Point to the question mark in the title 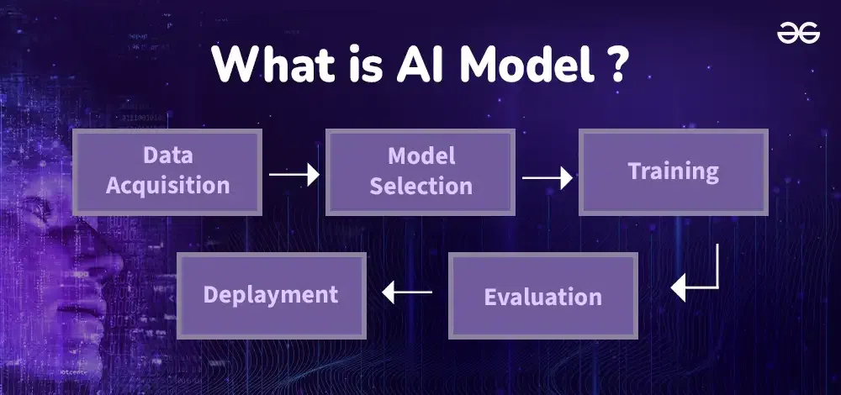pyautogui.click(x=615, y=65)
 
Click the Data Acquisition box pyautogui.click(x=167, y=171)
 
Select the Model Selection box pyautogui.click(x=420, y=171)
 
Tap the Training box pyautogui.click(x=673, y=171)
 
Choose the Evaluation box pyautogui.click(x=542, y=296)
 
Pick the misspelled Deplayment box pyautogui.click(x=271, y=294)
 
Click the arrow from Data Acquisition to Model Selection pyautogui.click(x=294, y=175)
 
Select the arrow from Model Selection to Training pyautogui.click(x=547, y=177)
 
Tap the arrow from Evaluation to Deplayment pyautogui.click(x=407, y=292)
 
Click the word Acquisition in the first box pyautogui.click(x=167, y=186)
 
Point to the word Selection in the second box pyautogui.click(x=420, y=186)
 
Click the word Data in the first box pyautogui.click(x=167, y=155)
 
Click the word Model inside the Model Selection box pyautogui.click(x=420, y=155)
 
